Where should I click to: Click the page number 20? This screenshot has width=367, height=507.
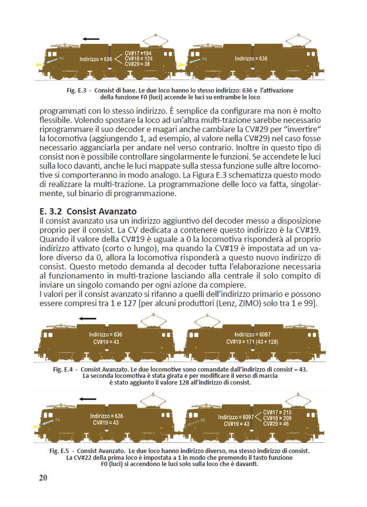click(43, 477)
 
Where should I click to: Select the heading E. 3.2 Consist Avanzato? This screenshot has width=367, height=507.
click(88, 211)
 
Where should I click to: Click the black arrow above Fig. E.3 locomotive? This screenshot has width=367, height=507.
click(91, 39)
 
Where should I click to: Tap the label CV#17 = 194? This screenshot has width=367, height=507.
click(138, 53)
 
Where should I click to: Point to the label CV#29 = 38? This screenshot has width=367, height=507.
click(137, 64)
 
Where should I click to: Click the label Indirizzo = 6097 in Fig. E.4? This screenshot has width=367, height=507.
click(251, 334)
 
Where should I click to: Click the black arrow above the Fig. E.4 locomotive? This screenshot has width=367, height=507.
click(88, 319)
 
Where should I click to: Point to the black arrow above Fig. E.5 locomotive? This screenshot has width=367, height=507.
click(88, 399)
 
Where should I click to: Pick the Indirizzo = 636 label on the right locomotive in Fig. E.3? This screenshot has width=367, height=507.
click(251, 58)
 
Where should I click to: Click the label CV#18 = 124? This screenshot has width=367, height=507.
click(138, 58)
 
